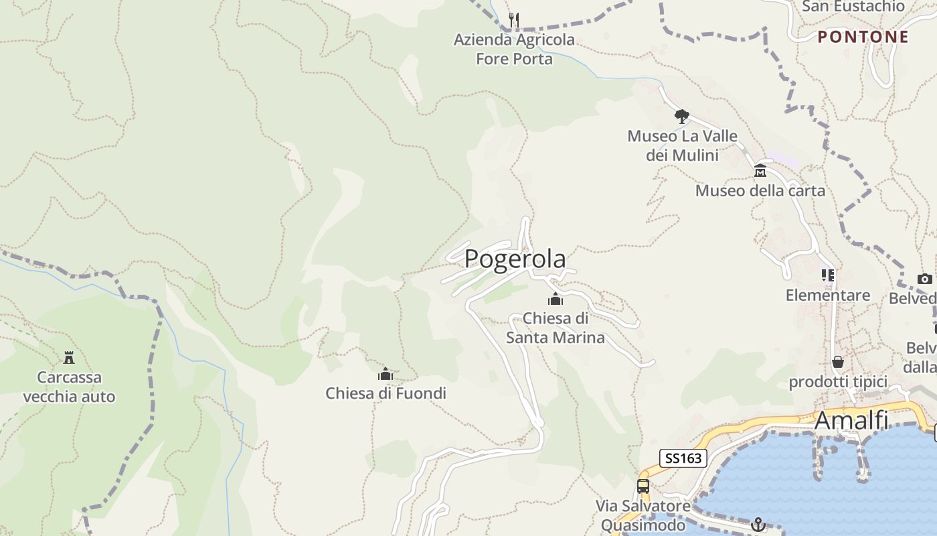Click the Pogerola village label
coord(515,259)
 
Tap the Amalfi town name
coord(851,421)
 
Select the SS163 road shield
coord(683,458)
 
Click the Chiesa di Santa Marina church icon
coord(555,299)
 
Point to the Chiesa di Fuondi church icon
coord(386,374)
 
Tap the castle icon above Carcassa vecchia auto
coord(69,357)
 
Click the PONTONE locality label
coord(863,37)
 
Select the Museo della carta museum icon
coord(760,172)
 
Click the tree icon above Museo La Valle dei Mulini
coord(682,117)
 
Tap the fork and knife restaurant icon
coord(514,19)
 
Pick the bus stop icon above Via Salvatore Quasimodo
coord(643,486)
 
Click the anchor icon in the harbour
coord(758,525)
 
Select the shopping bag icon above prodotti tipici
coord(838,362)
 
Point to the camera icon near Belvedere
coord(925,279)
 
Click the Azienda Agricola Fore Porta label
coord(514,49)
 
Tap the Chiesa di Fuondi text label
coord(386,393)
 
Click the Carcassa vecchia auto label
coord(69,387)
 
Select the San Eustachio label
coord(853,6)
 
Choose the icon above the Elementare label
coord(828,275)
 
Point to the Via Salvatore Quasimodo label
coord(643,515)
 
